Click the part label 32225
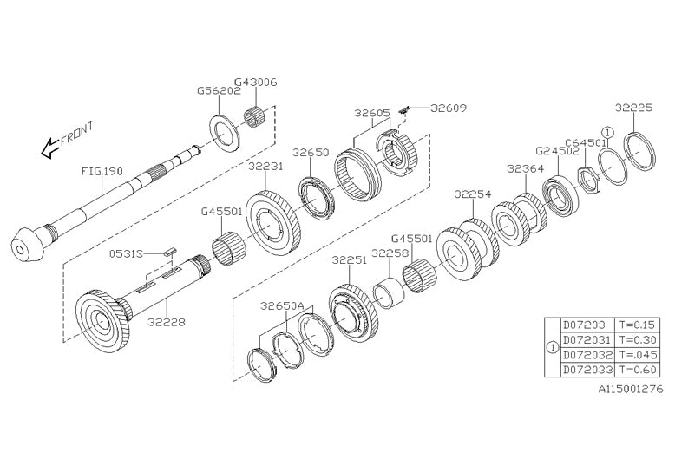point(633,108)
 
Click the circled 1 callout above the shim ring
point(608,132)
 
